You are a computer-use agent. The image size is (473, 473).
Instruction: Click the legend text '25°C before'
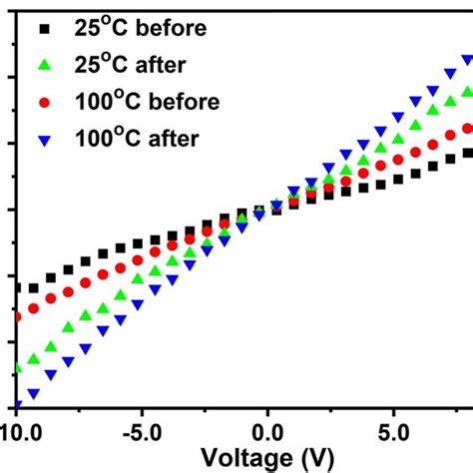coord(139,29)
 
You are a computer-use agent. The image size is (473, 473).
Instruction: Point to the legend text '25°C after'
coord(130,65)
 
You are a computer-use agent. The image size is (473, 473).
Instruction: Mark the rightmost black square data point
coord(467,154)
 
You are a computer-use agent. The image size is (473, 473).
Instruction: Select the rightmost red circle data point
coord(467,129)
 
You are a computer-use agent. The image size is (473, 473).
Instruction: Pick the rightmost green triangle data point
coord(467,94)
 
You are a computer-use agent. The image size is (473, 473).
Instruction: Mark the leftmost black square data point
coord(18,287)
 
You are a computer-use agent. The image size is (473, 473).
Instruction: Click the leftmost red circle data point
coord(18,317)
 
